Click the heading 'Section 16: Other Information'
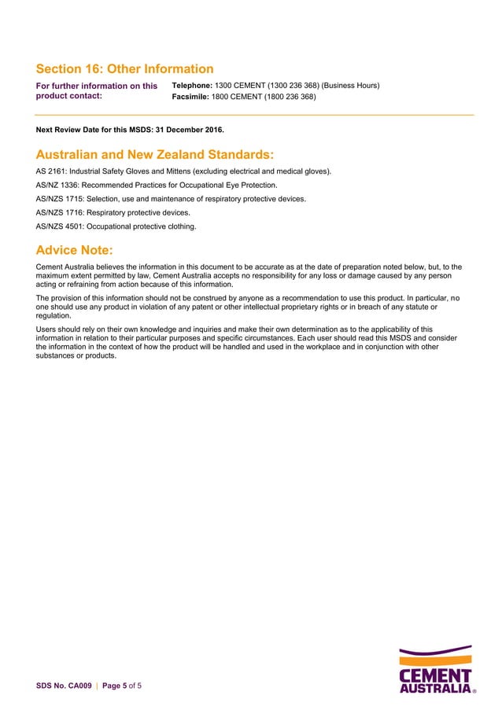pos(124,69)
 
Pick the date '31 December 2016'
pos(189,129)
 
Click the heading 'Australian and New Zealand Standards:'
pos(155,153)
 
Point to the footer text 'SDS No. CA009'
pos(61,686)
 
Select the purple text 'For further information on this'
pos(97,85)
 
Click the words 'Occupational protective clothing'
pos(142,226)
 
